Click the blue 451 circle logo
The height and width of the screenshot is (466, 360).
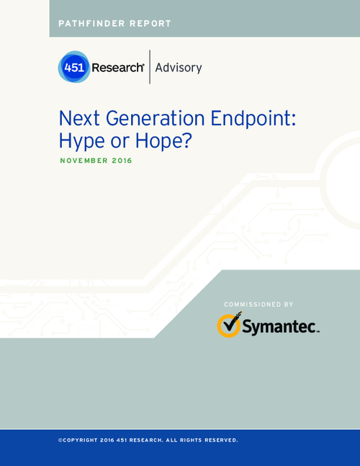(74, 67)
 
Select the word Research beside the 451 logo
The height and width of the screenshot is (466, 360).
(118, 68)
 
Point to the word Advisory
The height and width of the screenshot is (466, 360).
(179, 68)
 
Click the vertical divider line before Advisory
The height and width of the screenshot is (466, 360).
(150, 67)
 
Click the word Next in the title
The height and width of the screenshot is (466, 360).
(79, 118)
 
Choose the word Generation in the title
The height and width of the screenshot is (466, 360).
(156, 118)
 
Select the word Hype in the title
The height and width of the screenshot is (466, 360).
(81, 140)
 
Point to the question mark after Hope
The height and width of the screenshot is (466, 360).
(186, 140)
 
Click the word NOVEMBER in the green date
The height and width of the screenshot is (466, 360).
(84, 161)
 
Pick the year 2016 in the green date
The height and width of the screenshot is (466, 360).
(122, 161)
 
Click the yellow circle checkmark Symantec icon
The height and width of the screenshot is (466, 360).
(229, 325)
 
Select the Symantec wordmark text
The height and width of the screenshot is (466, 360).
(280, 326)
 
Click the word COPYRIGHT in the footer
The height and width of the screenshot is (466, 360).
(80, 440)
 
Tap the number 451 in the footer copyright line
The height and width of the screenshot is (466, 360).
(122, 440)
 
